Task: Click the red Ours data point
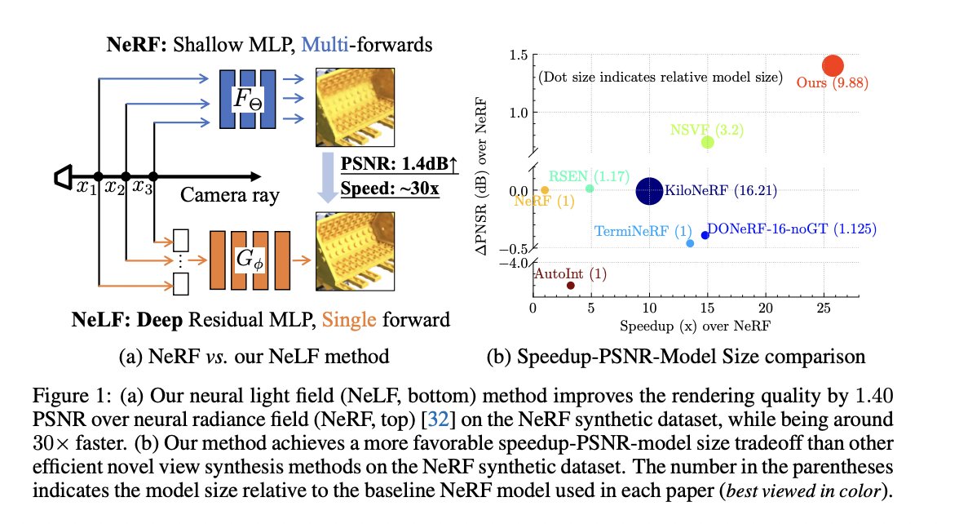pos(833,66)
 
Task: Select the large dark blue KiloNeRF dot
pos(649,191)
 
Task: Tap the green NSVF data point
pos(707,142)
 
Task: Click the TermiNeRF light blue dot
pos(690,243)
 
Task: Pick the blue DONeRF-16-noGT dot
pos(705,235)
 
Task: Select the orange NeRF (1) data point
pos(545,190)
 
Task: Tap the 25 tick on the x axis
pos(822,309)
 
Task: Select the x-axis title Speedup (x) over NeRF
pos(696,326)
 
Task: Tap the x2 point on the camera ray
pos(125,176)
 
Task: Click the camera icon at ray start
pos(63,176)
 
